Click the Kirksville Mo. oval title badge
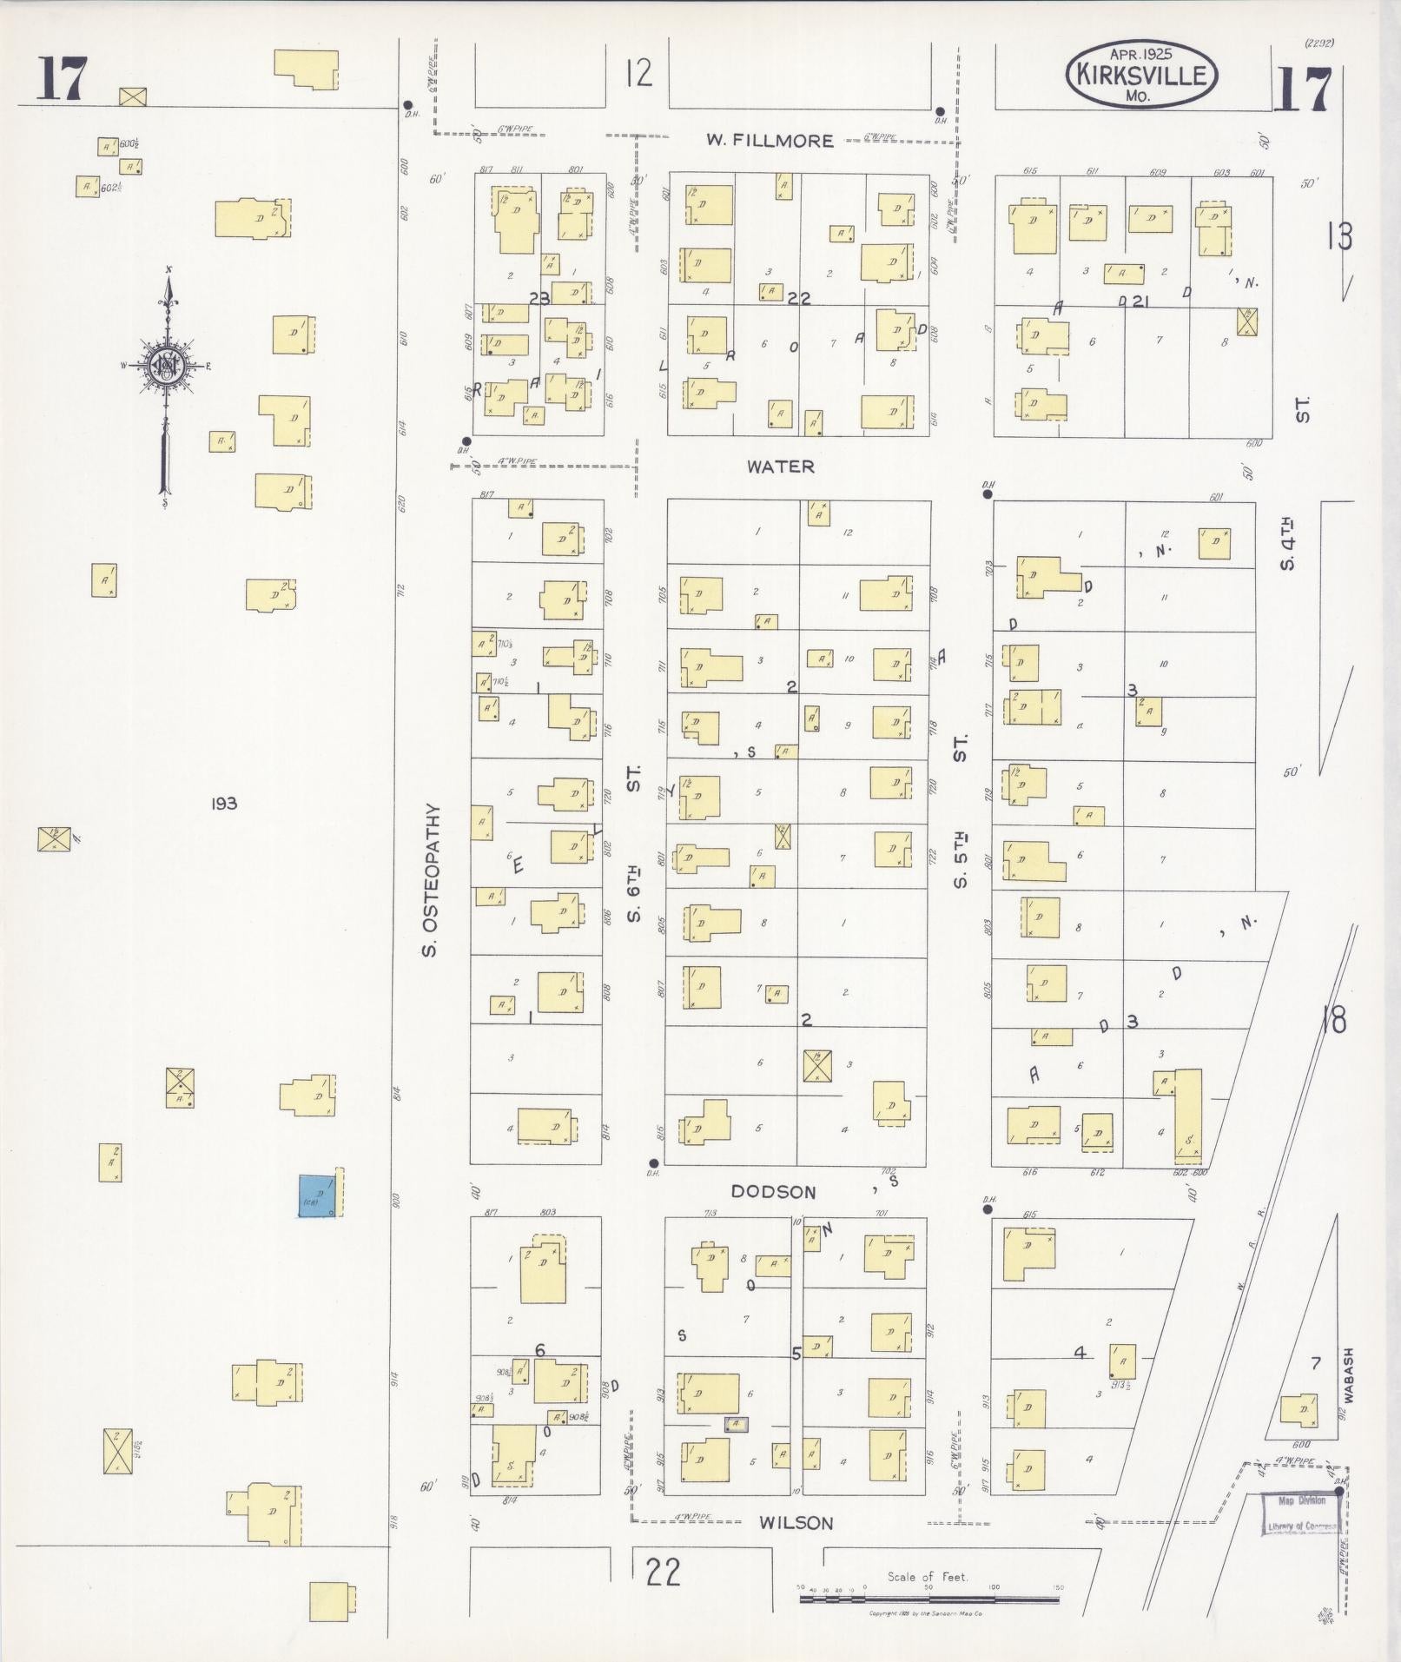pos(1141,75)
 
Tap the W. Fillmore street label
pos(770,140)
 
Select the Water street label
pos(781,467)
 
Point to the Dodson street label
pos(773,1192)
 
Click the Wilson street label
pos(796,1522)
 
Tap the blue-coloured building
pos(318,1195)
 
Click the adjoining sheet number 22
pos(663,1572)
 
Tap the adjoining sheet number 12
pos(638,73)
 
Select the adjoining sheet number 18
pos(1333,1020)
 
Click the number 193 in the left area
pos(223,804)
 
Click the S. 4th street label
pos(1288,543)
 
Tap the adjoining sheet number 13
pos(1338,236)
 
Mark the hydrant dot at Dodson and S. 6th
pos(654,1162)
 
